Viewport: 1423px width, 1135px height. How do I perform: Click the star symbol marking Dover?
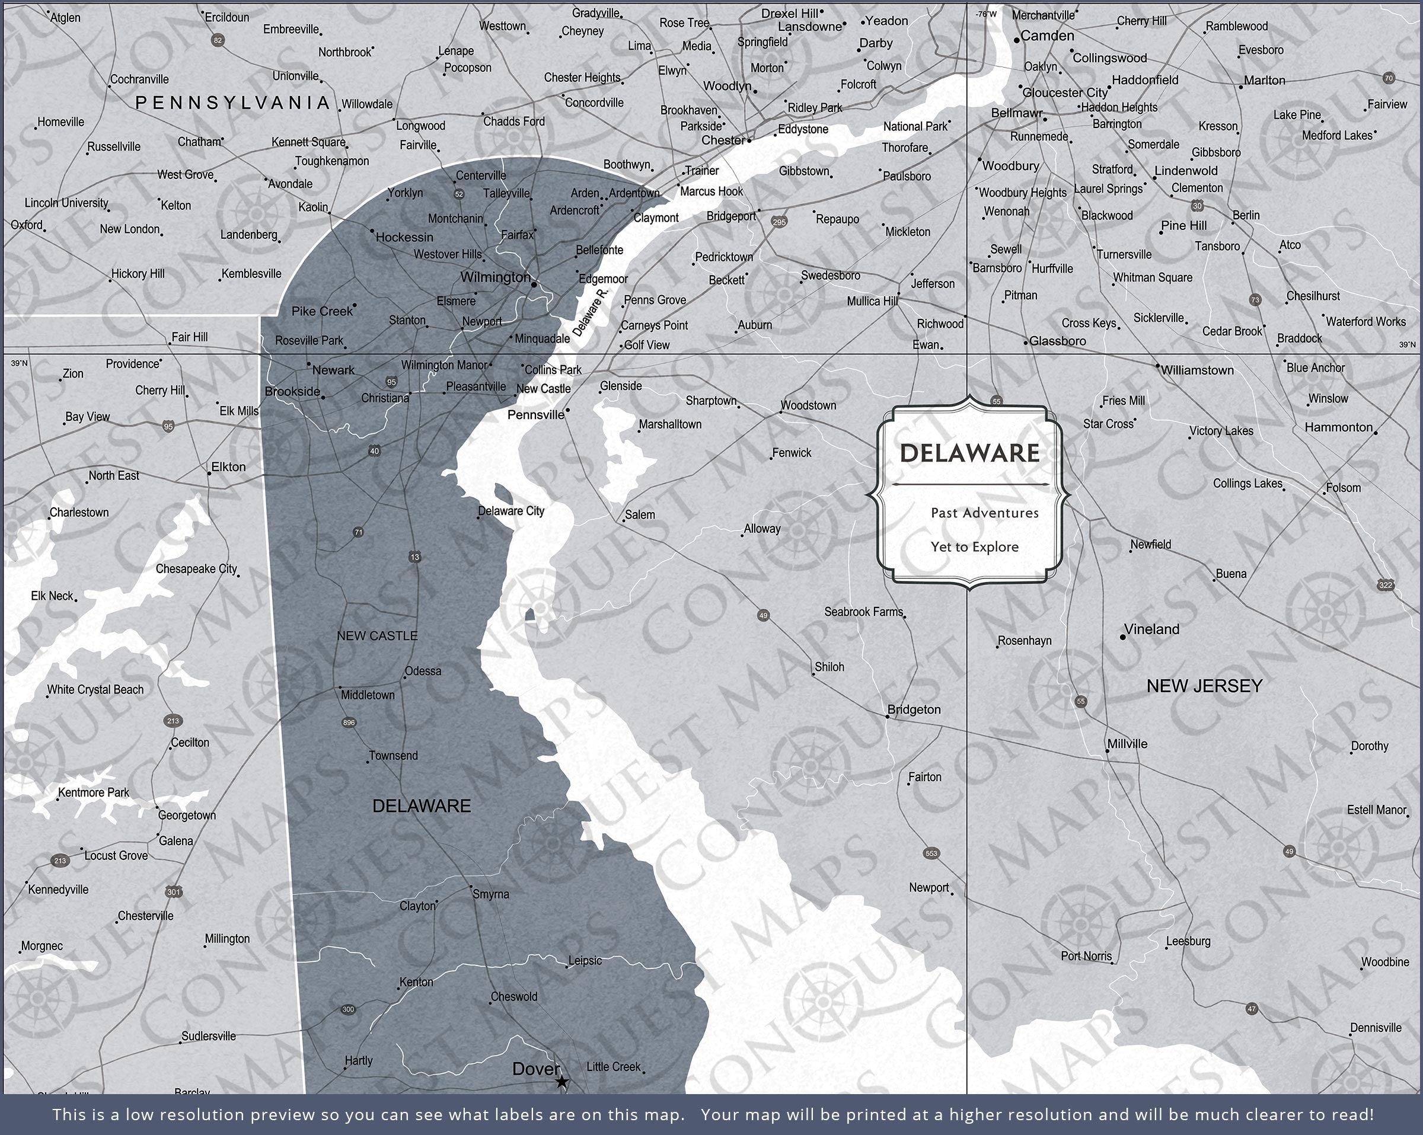click(561, 1082)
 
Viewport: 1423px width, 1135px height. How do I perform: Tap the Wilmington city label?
click(494, 277)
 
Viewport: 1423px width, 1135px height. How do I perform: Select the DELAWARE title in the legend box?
click(969, 453)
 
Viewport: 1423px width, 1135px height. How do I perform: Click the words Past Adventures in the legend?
click(984, 513)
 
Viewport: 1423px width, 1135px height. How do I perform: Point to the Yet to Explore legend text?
click(974, 547)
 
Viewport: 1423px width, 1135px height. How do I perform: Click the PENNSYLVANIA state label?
click(232, 103)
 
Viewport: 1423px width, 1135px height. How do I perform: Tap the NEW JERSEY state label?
click(1204, 686)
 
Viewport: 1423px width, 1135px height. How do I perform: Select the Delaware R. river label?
click(589, 312)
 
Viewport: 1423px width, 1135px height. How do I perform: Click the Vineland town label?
click(1151, 629)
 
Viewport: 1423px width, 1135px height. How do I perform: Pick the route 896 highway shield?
click(349, 722)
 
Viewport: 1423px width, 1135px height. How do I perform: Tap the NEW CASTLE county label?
click(377, 636)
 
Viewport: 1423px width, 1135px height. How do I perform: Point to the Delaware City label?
click(511, 511)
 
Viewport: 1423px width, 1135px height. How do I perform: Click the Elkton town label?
click(228, 467)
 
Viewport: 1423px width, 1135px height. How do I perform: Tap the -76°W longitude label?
click(986, 14)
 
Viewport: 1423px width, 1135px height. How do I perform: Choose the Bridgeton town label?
click(914, 709)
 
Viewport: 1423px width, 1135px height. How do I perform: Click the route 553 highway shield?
click(931, 853)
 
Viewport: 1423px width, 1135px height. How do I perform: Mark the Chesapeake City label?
click(196, 569)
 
